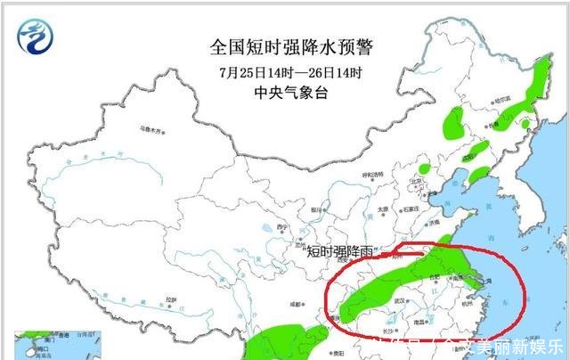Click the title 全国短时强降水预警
coord(284,45)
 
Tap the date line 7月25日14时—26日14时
coord(284,71)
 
